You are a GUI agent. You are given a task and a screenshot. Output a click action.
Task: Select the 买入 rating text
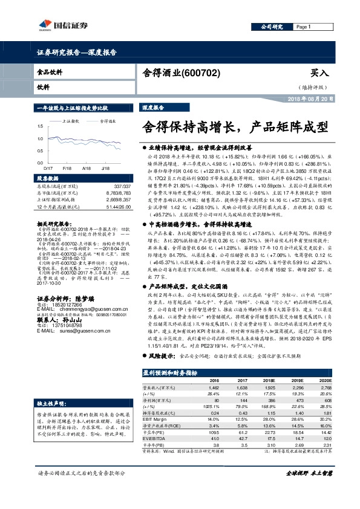coord(319,73)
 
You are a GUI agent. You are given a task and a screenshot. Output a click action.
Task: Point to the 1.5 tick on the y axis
coord(39,125)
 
